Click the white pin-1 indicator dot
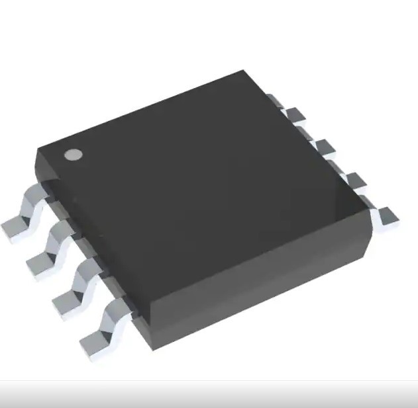click(x=73, y=155)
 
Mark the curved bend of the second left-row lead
click(x=60, y=235)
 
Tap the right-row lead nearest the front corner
click(x=386, y=215)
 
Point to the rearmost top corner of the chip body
click(x=243, y=70)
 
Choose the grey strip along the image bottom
click(x=209, y=395)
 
